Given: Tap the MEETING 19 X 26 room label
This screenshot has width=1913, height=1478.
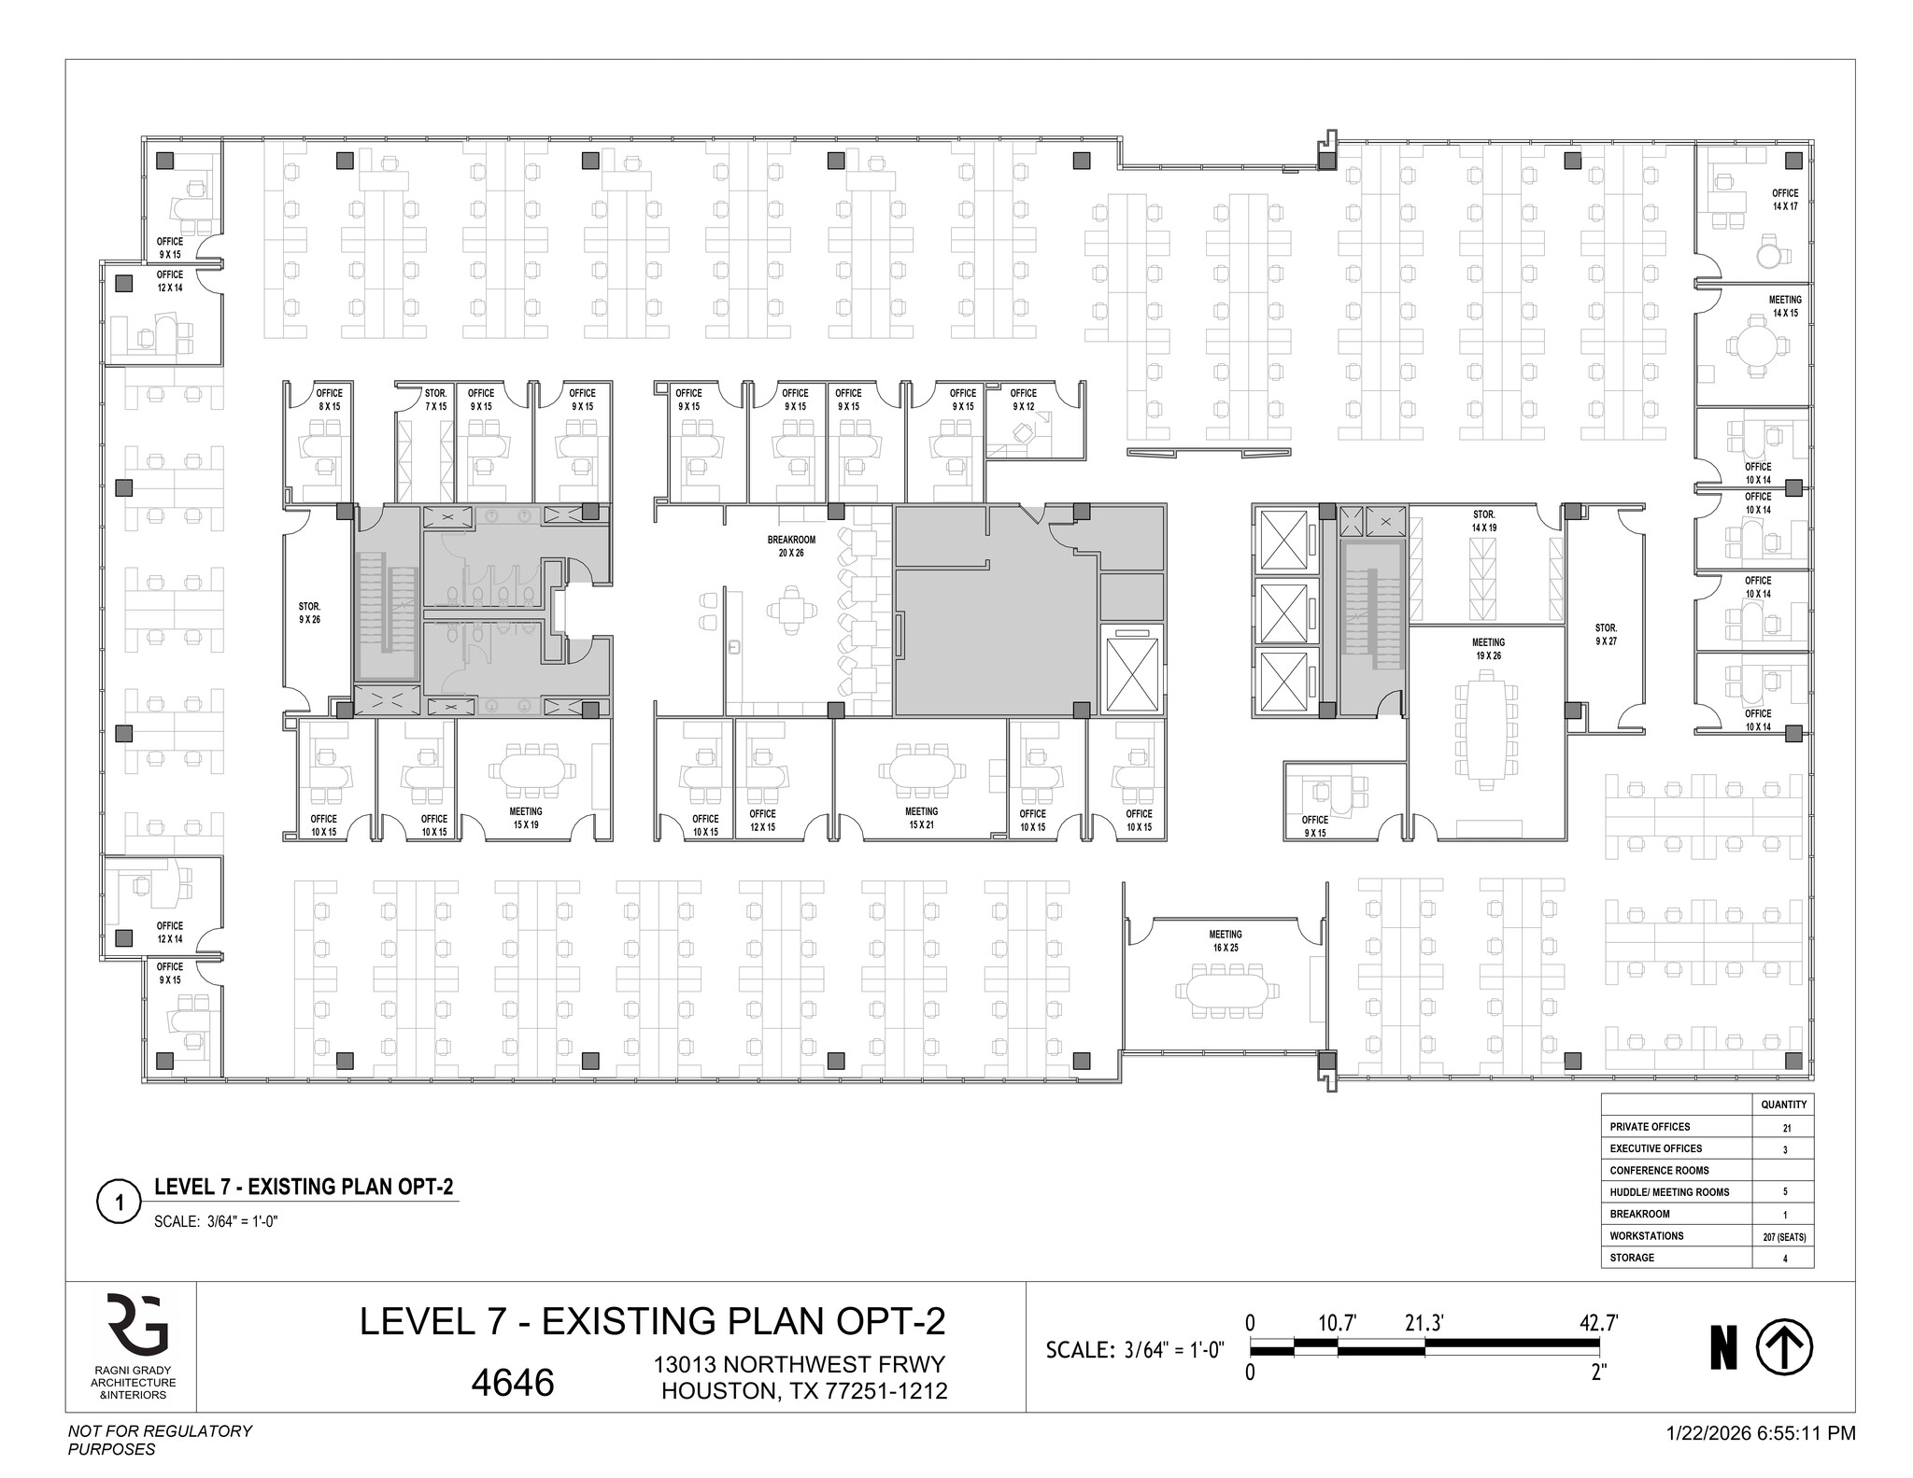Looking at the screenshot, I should [1488, 649].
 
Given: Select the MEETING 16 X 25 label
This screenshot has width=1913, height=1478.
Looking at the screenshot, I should [1226, 941].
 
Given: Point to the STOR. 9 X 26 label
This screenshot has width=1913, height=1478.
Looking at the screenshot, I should [309, 612].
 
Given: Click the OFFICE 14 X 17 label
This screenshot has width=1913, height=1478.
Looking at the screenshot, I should [1785, 200].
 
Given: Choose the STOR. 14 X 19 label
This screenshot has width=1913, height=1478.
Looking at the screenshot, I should [1484, 521].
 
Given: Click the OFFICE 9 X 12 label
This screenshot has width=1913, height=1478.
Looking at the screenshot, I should [1023, 400].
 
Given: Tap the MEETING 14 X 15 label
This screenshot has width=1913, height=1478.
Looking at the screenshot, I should [1785, 306].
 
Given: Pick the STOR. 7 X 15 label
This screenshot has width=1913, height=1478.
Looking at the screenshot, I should [435, 400].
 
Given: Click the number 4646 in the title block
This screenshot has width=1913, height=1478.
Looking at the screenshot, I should [513, 1382].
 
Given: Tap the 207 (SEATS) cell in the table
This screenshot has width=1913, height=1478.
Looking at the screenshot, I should [1784, 1236].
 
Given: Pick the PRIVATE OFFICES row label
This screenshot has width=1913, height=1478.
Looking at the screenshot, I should [1650, 1127].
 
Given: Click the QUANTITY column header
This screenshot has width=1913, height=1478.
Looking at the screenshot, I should [1784, 1105].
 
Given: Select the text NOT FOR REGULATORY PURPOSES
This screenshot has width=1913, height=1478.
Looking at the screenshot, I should [160, 1440].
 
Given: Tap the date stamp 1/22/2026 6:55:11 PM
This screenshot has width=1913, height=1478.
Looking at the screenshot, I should [1761, 1432].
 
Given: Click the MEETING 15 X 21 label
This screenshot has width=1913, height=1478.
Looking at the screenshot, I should [921, 818].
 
